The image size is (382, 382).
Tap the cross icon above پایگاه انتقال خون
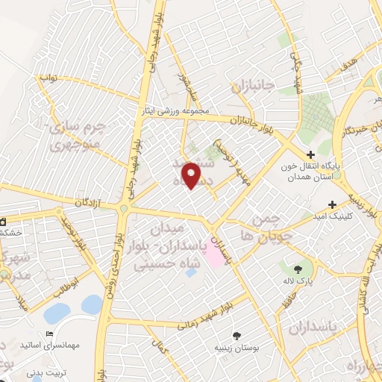tap(311, 154)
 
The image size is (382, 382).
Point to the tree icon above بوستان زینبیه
tap(237, 336)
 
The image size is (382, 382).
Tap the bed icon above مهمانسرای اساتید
tap(50, 333)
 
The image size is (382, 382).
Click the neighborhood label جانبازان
tap(254, 85)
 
